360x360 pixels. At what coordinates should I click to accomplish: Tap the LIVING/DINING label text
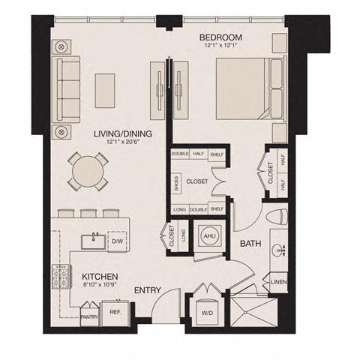[x=123, y=133]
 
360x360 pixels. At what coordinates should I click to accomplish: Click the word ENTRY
[x=148, y=289]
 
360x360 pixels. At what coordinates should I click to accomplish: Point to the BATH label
[x=250, y=243]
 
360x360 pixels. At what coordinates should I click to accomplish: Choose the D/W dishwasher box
[x=117, y=241]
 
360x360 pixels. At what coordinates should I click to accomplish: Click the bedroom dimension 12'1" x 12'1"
[x=220, y=46]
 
